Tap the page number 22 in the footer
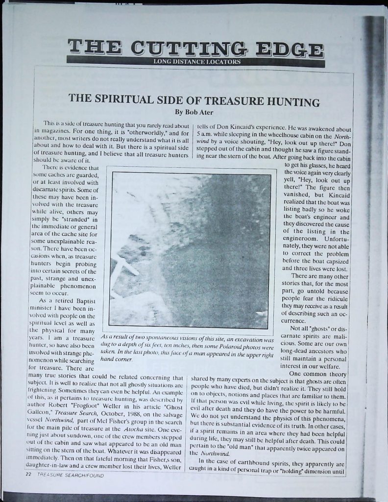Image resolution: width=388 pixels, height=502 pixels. pos(28,476)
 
